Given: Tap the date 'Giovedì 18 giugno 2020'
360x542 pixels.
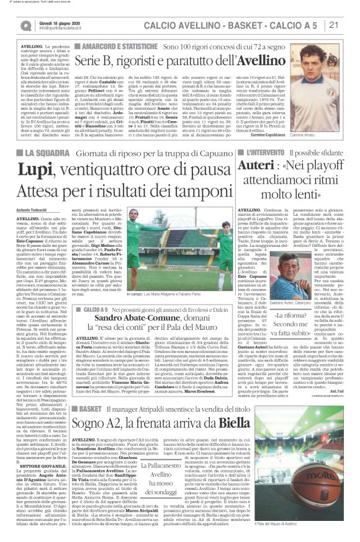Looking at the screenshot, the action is point(56,22).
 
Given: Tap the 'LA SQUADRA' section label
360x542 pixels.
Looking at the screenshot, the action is point(44,153).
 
